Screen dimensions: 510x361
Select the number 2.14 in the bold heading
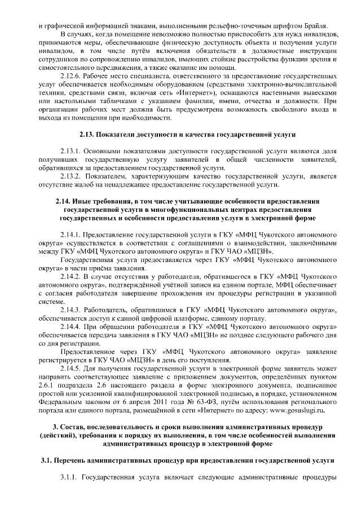coord(64,201)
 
